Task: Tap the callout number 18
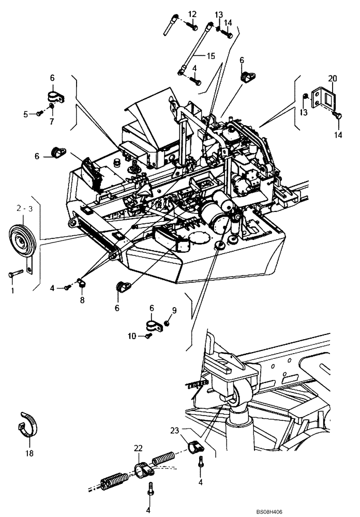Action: point(29,453)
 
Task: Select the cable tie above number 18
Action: point(27,425)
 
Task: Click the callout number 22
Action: point(138,448)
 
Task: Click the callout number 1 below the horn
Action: point(12,290)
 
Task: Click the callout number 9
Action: point(174,311)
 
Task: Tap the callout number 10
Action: point(132,336)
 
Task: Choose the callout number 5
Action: point(25,114)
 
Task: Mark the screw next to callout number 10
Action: point(148,335)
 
